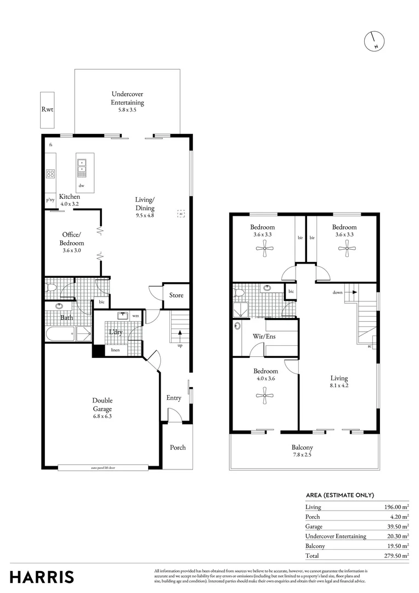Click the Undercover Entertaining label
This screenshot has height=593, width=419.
pos(127,98)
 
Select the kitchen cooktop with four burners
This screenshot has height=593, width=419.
pos(50,174)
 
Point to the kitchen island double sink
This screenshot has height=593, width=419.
pos(81,166)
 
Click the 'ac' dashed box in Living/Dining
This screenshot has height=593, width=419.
pos(180,214)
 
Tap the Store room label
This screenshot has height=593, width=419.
pos(176,295)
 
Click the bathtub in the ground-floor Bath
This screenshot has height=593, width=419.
pos(61,334)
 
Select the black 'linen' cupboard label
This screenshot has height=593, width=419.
pos(115,350)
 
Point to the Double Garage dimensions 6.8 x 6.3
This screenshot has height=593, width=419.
pos(102,416)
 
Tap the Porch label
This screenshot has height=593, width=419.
pos(177,447)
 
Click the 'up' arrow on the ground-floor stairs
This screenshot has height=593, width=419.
pos(180,334)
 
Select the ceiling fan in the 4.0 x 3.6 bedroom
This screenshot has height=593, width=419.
pos(264,395)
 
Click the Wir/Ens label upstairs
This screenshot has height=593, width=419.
pos(264,336)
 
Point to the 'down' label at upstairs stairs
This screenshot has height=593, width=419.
pos(337,293)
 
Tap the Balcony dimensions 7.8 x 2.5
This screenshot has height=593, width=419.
pos(302,455)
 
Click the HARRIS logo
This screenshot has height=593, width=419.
pos(42,577)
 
